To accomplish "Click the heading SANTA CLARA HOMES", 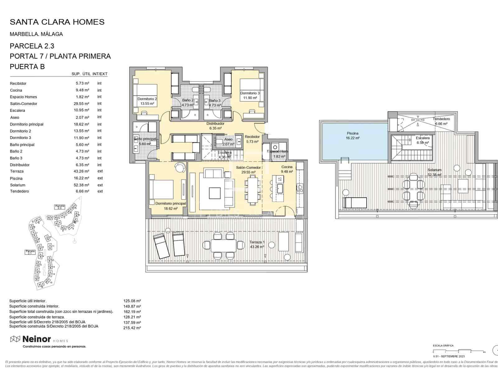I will tap(57, 22).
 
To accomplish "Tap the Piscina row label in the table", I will tap(16, 178).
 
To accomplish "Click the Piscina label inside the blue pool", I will tap(353, 133).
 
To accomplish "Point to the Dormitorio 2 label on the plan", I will tap(147, 99).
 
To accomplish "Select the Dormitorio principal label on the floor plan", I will tap(171, 204).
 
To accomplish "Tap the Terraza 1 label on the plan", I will tap(257, 242).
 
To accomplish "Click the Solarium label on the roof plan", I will tap(435, 170).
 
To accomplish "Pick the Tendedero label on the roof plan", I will tap(441, 119).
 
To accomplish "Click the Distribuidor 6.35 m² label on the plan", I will tap(215, 126).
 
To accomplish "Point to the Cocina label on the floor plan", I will tap(287, 167).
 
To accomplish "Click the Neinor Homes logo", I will tap(39, 339).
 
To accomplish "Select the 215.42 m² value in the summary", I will tap(132, 328).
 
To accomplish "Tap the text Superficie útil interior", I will tap(28, 301).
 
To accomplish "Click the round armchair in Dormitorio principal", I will tap(180, 167).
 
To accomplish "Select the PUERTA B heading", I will tap(27, 67).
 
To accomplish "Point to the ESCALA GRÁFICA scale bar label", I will tap(443, 346).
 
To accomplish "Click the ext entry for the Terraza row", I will tap(100, 171).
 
